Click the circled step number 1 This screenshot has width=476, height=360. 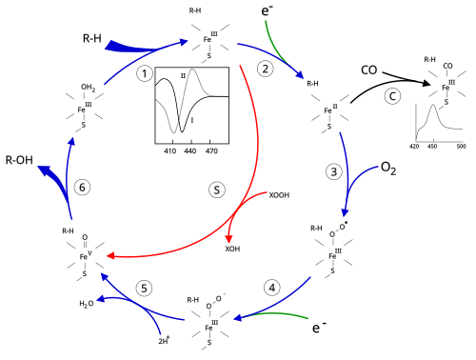tap(145, 73)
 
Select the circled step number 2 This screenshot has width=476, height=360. tap(266, 69)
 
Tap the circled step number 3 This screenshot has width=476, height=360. tap(334, 171)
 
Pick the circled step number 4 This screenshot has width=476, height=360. tap(272, 288)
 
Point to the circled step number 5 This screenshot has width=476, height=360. tap(144, 289)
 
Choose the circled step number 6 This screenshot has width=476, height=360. tap(82, 188)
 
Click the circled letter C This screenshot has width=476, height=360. tap(392, 96)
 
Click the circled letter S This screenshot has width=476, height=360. tap(217, 190)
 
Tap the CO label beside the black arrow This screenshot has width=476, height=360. tap(369, 70)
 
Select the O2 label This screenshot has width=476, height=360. tap(388, 169)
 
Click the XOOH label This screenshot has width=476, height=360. tap(279, 195)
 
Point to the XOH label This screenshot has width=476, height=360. tap(232, 249)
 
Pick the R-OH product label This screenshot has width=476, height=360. tap(19, 160)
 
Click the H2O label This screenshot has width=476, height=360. tap(87, 304)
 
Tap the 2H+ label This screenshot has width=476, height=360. tap(164, 341)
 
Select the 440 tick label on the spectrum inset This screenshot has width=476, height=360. tap(189, 151)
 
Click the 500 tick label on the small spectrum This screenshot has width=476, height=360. tap(461, 146)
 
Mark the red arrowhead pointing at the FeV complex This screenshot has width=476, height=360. tap(110, 255)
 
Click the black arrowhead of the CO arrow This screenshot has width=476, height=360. tap(426, 83)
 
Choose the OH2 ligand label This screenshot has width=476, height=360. tap(88, 88)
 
